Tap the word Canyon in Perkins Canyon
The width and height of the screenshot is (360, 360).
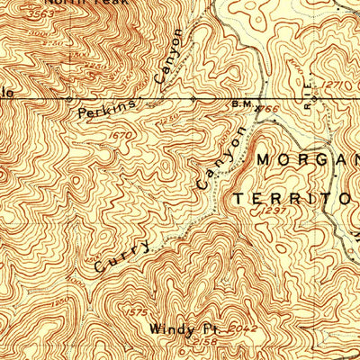(168, 58)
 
